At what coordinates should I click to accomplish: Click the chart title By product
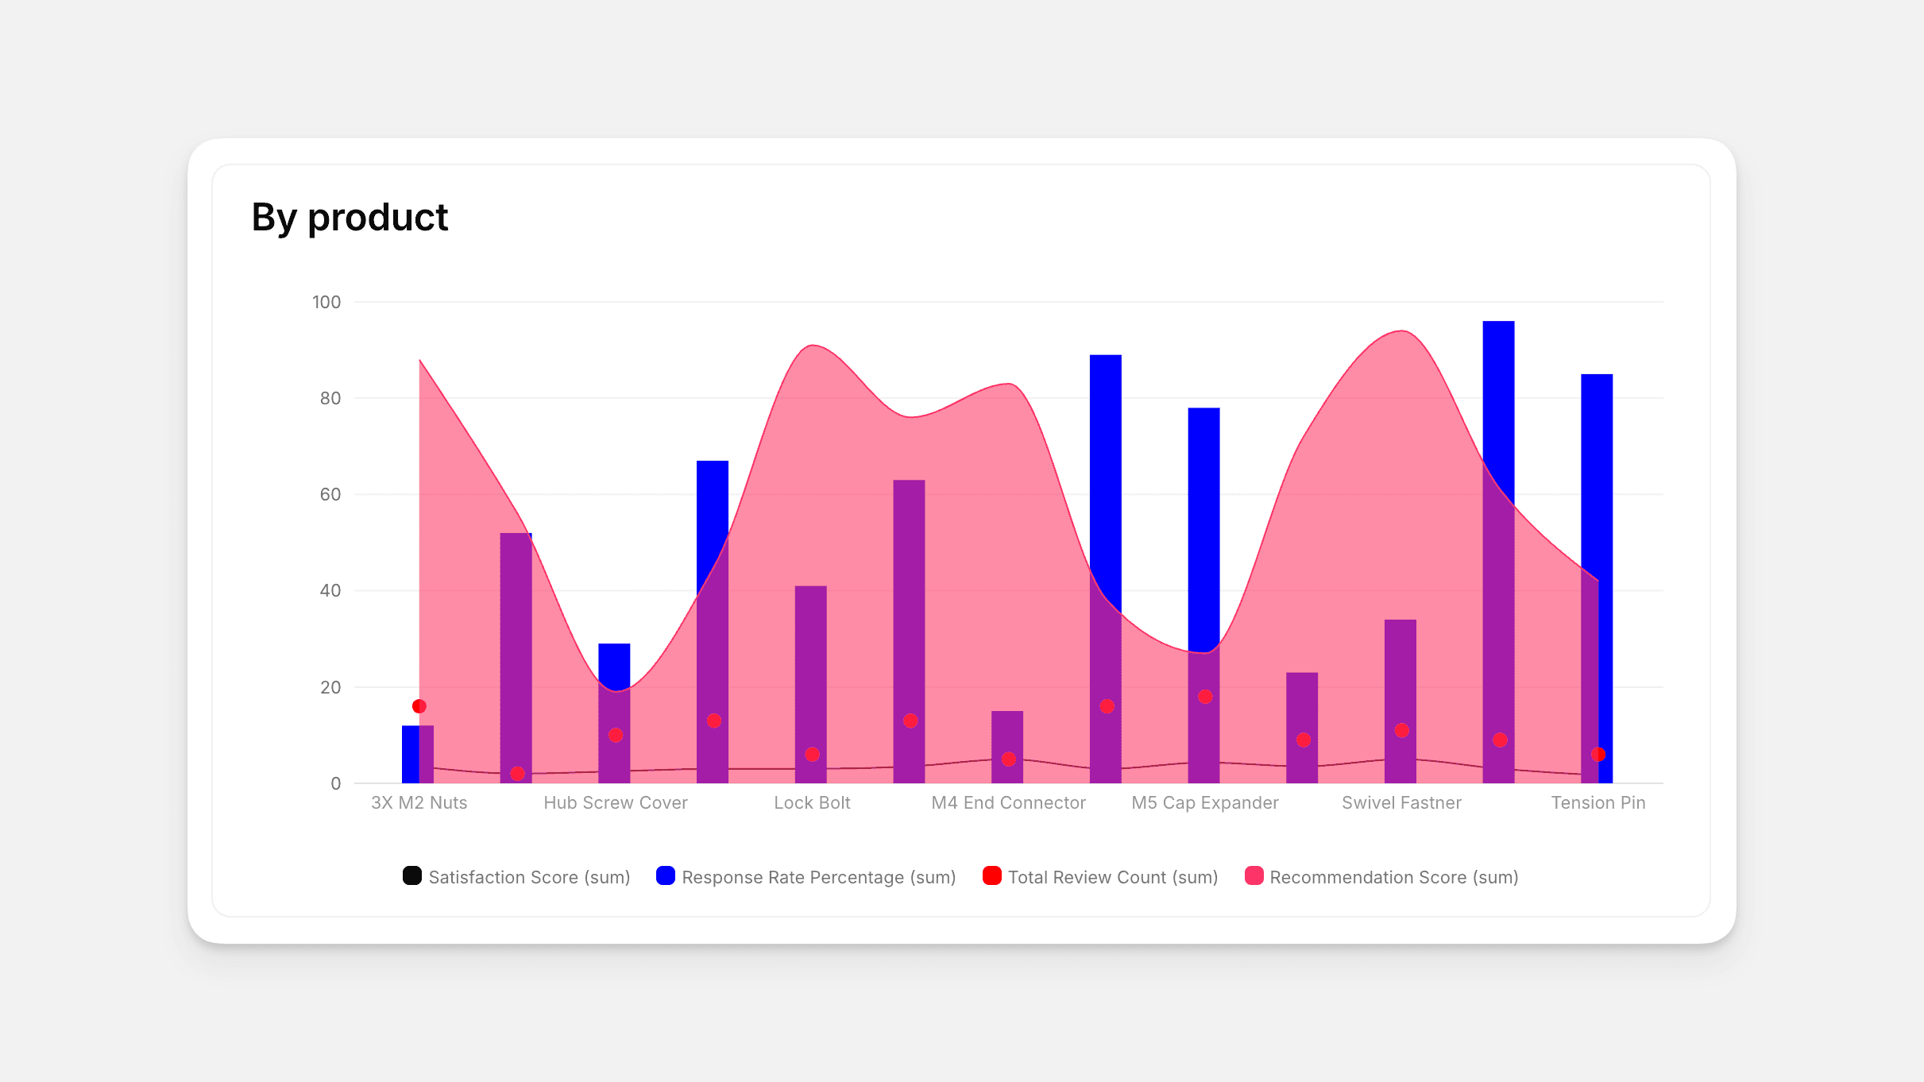click(x=350, y=217)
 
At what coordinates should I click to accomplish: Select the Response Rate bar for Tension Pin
click(x=1597, y=477)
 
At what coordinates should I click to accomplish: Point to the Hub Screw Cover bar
click(x=614, y=715)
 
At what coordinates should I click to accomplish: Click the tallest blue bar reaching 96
click(x=1498, y=397)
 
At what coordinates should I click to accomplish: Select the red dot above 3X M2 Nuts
click(x=419, y=706)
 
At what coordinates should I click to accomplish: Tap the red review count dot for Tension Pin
click(x=1598, y=754)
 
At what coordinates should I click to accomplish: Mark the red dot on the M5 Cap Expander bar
click(x=1205, y=697)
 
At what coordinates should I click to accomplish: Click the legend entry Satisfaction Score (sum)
click(x=516, y=877)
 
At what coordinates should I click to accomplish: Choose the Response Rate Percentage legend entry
click(x=806, y=877)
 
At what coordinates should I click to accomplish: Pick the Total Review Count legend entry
click(x=1100, y=877)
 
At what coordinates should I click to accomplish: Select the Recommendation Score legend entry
click(x=1382, y=877)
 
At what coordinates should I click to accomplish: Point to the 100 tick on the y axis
click(x=326, y=302)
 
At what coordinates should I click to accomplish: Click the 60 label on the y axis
click(x=330, y=494)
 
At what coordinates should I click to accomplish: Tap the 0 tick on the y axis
click(x=336, y=783)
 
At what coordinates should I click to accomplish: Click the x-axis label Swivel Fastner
click(x=1401, y=802)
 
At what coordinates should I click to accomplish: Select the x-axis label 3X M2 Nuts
click(x=419, y=802)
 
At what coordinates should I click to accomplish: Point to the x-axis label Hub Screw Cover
click(x=616, y=802)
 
